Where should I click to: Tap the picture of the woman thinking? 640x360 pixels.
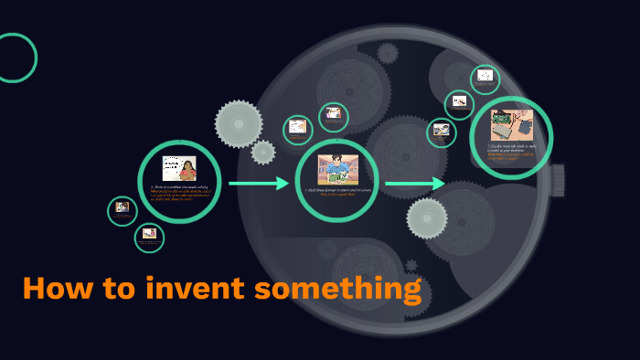[x=179, y=168]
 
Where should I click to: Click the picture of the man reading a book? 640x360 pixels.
[x=337, y=170]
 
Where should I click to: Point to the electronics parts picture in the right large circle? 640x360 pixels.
[x=511, y=126]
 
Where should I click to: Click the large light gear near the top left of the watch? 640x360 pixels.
[x=239, y=123]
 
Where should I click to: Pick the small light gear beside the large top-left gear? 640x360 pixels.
[x=263, y=152]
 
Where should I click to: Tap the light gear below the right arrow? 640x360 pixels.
[x=427, y=218]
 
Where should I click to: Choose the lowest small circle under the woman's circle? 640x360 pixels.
[x=149, y=238]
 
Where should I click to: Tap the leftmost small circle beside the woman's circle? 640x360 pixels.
[x=122, y=211]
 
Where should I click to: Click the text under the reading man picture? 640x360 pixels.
[x=337, y=192]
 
